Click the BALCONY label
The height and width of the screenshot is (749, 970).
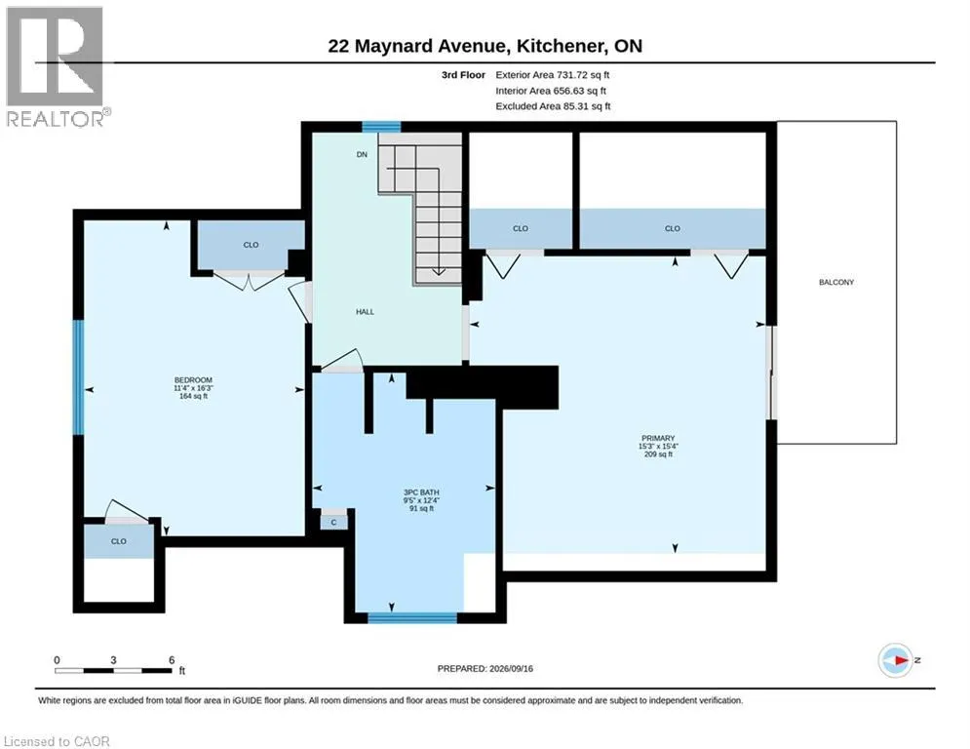(836, 282)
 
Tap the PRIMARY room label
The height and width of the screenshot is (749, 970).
(658, 438)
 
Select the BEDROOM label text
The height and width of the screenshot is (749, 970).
(193, 380)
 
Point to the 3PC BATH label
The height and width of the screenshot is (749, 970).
(421, 493)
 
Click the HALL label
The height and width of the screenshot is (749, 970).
(365, 312)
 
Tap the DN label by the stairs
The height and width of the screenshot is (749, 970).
(362, 154)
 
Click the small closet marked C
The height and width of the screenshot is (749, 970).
(333, 523)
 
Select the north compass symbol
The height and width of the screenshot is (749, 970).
(896, 660)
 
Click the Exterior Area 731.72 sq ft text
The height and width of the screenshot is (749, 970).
(553, 75)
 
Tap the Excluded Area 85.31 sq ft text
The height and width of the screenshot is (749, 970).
(553, 106)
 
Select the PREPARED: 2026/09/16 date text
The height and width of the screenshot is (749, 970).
(485, 668)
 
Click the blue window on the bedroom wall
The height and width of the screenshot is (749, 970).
(79, 376)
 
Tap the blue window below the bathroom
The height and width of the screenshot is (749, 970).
(412, 617)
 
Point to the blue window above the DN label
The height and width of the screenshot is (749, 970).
(381, 127)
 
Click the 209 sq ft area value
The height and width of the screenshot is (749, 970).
(658, 454)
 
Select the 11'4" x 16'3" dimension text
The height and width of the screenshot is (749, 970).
(193, 388)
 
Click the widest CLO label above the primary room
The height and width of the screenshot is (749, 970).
(673, 228)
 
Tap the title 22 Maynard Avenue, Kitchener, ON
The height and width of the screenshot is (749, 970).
(485, 46)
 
